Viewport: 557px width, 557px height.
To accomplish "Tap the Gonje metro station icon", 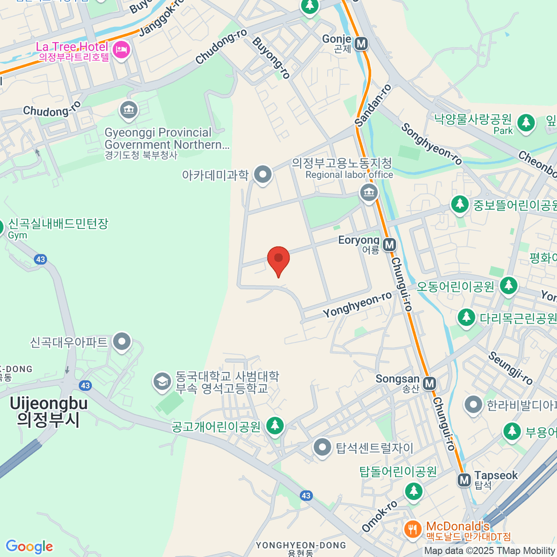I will pyautogui.click(x=361, y=44).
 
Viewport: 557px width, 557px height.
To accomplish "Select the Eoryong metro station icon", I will pyautogui.click(x=389, y=245).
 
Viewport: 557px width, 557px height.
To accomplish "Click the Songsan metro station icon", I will pyautogui.click(x=430, y=383).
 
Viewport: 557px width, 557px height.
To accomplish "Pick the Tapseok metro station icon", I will pyautogui.click(x=464, y=480).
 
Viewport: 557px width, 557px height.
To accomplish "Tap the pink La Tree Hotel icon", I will pyautogui.click(x=122, y=49).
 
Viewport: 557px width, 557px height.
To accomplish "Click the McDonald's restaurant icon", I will pyautogui.click(x=412, y=529).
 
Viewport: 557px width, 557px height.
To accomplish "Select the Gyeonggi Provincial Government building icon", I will pyautogui.click(x=128, y=110).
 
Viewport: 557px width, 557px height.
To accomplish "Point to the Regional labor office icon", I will pyautogui.click(x=369, y=192).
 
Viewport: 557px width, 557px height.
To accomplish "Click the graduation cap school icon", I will pyautogui.click(x=162, y=382).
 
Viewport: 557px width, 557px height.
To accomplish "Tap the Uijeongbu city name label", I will pyautogui.click(x=49, y=411).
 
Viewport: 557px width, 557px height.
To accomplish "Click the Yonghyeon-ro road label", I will pyautogui.click(x=357, y=305).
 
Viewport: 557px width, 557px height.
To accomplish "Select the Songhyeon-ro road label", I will pyautogui.click(x=432, y=144).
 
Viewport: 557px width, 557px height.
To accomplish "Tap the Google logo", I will pyautogui.click(x=29, y=547).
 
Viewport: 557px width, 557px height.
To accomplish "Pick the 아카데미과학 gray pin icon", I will pyautogui.click(x=264, y=175).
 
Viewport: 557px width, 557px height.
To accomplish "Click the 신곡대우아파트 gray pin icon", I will pyautogui.click(x=122, y=342).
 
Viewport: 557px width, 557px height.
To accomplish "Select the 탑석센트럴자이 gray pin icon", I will pyautogui.click(x=322, y=448).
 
